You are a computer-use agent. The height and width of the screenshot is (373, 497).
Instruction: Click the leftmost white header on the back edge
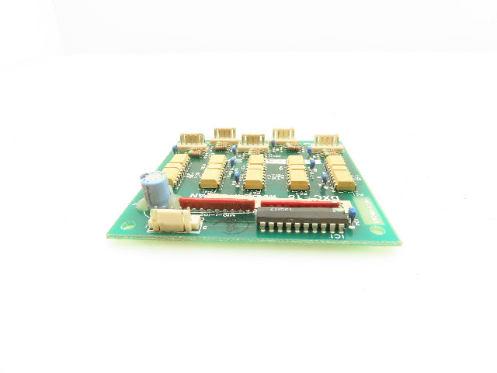pyautogui.click(x=192, y=139)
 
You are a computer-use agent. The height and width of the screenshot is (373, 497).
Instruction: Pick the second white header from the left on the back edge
pyautogui.click(x=224, y=135)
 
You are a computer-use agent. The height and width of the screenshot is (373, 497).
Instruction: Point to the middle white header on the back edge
pyautogui.click(x=252, y=141)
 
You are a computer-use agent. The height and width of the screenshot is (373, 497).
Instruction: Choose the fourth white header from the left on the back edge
pyautogui.click(x=283, y=135)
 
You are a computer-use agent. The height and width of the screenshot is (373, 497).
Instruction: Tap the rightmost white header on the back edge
pyautogui.click(x=328, y=141)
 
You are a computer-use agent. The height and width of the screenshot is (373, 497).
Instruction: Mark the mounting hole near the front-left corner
pyautogui.click(x=148, y=229)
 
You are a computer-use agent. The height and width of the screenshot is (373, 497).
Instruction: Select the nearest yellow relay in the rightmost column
pyautogui.click(x=343, y=185)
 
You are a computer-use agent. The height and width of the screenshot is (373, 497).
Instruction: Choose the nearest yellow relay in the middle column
pyautogui.click(x=254, y=184)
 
